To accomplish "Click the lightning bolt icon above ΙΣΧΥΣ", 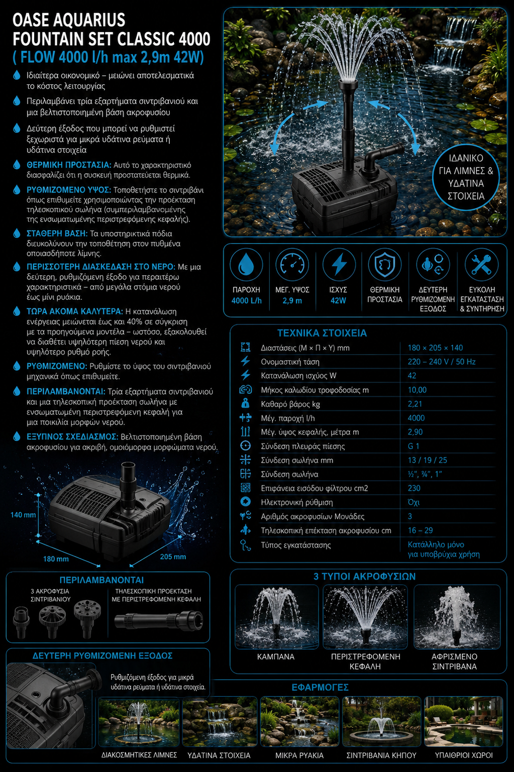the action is (x=339, y=264).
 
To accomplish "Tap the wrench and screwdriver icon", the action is (x=481, y=264).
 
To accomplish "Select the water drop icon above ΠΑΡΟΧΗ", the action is (x=246, y=265).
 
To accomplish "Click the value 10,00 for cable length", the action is (x=417, y=390).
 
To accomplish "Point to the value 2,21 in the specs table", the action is (x=415, y=404).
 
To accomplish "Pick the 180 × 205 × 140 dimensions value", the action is (x=435, y=348).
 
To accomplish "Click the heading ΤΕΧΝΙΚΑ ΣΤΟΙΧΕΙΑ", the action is (x=322, y=333).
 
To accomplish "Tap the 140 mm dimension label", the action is (x=23, y=515).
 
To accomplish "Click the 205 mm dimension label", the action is (x=173, y=557).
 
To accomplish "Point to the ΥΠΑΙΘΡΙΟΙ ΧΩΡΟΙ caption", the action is (x=463, y=755).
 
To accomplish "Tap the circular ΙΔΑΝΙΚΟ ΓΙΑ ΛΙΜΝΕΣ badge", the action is (x=466, y=177).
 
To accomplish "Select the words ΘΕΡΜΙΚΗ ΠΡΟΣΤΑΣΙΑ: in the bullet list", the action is (x=69, y=165).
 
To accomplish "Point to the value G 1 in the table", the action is (x=414, y=446).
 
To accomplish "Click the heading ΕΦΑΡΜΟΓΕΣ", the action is (x=320, y=688).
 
